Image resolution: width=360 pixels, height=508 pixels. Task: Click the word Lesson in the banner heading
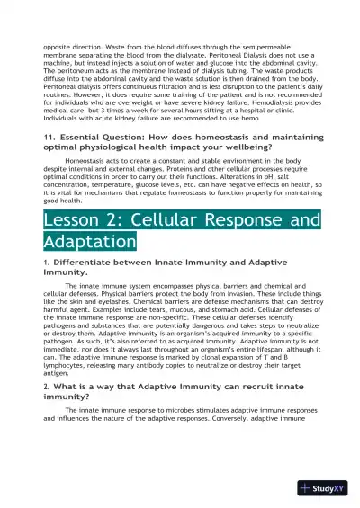click(74, 220)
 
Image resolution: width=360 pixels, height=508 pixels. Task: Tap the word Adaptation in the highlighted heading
click(89, 241)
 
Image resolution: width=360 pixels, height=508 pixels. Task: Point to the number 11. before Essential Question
click(50, 136)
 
